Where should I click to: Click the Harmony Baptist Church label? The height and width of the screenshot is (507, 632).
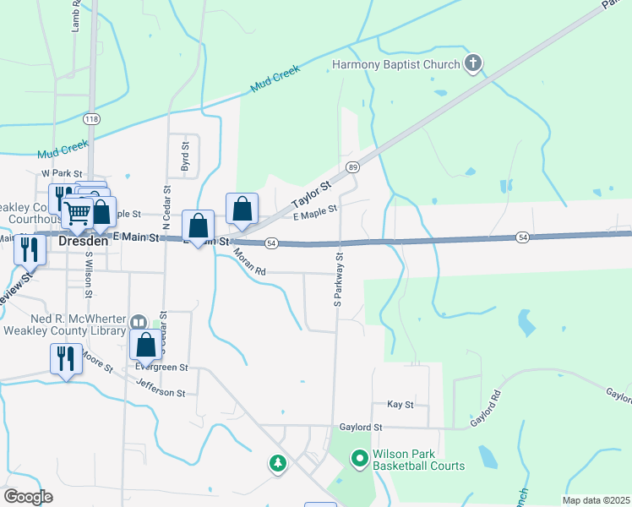(x=395, y=65)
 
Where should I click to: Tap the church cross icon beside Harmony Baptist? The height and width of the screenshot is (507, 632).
(x=473, y=64)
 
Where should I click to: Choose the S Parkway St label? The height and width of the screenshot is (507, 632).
(x=338, y=278)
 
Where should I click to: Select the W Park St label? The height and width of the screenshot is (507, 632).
(x=58, y=172)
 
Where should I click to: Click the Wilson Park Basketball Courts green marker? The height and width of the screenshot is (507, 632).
(x=359, y=459)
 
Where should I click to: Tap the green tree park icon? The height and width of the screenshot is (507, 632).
(x=277, y=462)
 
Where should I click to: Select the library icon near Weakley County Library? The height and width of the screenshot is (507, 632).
(x=139, y=321)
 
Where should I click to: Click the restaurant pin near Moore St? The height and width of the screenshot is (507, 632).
(x=64, y=358)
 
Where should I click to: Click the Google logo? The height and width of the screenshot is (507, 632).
(x=28, y=496)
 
